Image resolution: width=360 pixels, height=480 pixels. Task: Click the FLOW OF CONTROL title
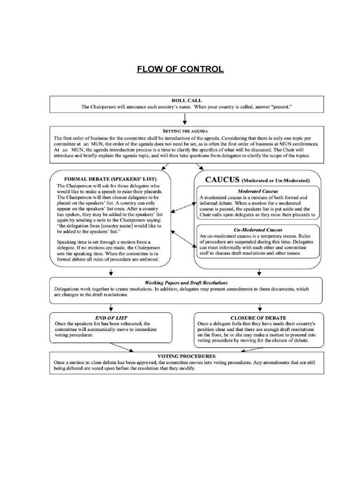point(180,70)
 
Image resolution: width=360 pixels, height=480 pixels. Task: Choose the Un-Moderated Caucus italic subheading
point(257,230)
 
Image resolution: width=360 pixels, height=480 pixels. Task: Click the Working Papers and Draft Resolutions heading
point(186,283)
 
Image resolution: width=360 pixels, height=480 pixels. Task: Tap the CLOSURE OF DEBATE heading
point(258,318)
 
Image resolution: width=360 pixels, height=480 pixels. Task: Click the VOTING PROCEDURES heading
point(186,356)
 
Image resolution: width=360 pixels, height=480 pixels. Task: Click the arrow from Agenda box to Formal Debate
point(165,167)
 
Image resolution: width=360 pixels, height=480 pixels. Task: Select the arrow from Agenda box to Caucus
point(200,167)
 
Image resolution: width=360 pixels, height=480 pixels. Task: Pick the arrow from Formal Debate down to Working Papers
point(112,272)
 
